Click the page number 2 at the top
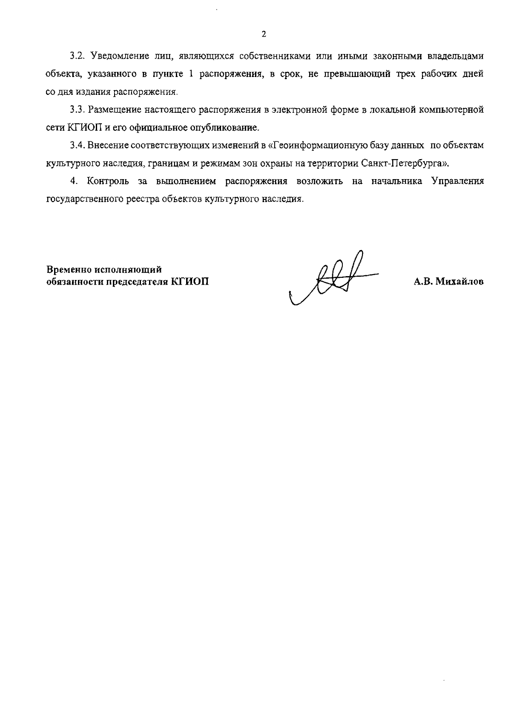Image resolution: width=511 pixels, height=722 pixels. [x=264, y=34]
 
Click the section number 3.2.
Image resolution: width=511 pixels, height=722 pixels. [x=78, y=56]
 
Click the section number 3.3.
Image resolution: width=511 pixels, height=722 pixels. [x=78, y=109]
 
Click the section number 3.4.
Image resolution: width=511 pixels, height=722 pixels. [x=78, y=146]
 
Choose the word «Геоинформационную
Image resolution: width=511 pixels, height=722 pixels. [x=315, y=146]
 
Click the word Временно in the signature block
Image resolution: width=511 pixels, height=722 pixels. [x=69, y=269]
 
